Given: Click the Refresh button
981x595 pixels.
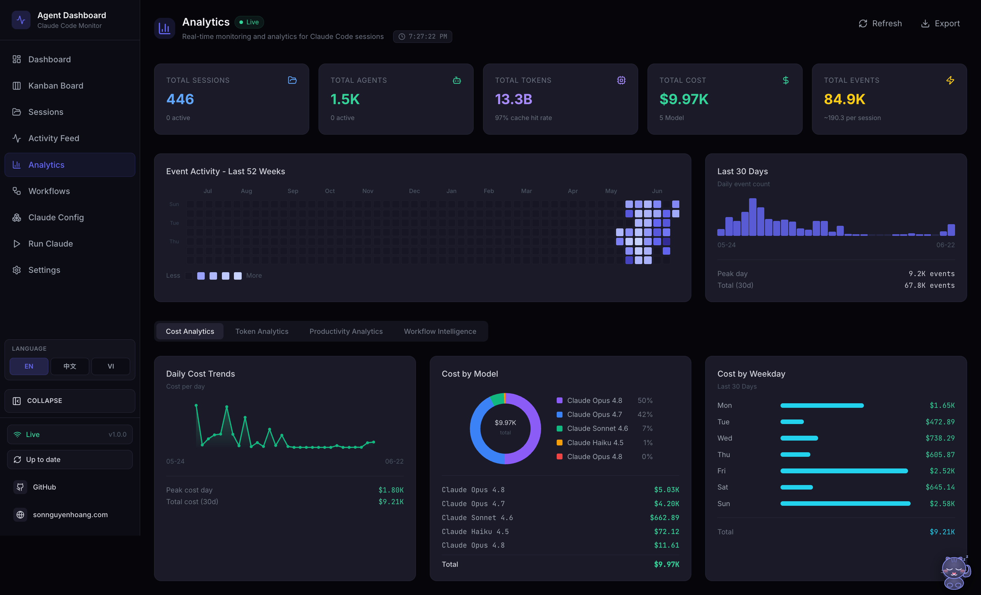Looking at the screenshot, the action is click(x=880, y=23).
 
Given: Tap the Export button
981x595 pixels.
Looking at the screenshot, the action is click(x=940, y=23).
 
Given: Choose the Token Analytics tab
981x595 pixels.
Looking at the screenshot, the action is click(x=261, y=331).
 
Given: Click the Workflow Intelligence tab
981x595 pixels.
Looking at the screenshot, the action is click(x=440, y=331).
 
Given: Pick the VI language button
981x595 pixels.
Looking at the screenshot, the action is click(x=111, y=366).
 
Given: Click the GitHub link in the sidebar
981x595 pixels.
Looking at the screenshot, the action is click(x=44, y=487).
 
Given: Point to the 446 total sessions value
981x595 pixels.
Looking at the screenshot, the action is click(x=180, y=99).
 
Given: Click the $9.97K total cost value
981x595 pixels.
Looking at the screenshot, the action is click(x=684, y=99).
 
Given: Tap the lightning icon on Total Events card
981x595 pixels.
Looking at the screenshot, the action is click(x=950, y=80).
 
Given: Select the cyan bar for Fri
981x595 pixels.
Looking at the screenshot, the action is click(x=844, y=471).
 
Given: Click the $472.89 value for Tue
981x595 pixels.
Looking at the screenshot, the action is click(x=940, y=422).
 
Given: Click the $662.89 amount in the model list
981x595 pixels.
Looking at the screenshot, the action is click(x=664, y=518).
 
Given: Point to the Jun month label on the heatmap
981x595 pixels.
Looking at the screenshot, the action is click(x=657, y=191).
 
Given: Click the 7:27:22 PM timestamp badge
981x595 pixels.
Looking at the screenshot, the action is click(x=422, y=37).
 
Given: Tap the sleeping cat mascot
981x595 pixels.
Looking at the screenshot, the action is click(x=955, y=573).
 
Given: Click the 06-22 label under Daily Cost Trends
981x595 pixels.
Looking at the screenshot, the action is click(x=394, y=461).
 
